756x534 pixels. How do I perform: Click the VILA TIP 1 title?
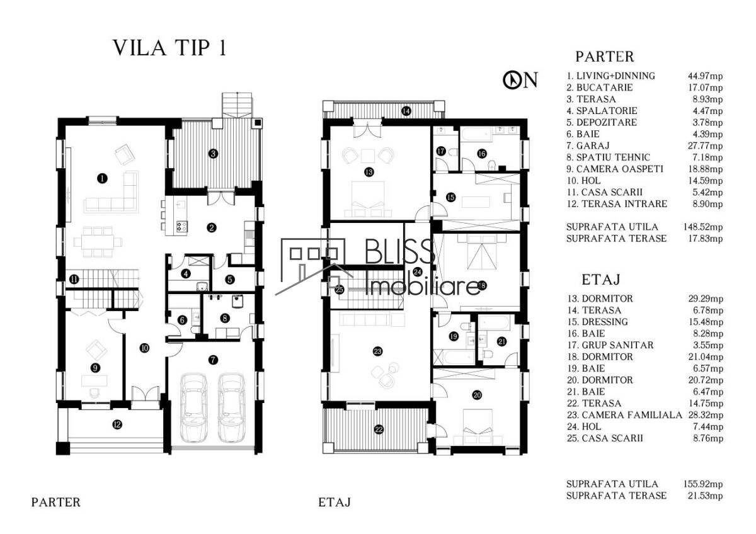pyautogui.click(x=169, y=48)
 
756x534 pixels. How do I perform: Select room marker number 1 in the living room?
pyautogui.click(x=101, y=178)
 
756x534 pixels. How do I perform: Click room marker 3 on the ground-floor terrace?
pyautogui.click(x=214, y=152)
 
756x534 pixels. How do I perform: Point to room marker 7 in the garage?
pyautogui.click(x=213, y=360)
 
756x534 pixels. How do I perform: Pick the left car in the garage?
pyautogui.click(x=193, y=408)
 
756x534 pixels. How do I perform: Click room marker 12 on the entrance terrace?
pyautogui.click(x=117, y=424)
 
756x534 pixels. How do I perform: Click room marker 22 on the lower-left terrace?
pyautogui.click(x=379, y=429)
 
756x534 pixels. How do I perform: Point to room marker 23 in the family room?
pyautogui.click(x=377, y=351)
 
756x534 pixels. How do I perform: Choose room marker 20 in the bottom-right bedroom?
pyautogui.click(x=477, y=395)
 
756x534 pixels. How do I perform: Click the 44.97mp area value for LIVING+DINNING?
pyautogui.click(x=705, y=76)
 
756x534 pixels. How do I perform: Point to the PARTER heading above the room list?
pyautogui.click(x=605, y=57)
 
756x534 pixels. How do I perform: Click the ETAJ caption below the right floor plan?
pyautogui.click(x=335, y=503)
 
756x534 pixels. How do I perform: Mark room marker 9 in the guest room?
pyautogui.click(x=94, y=368)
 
